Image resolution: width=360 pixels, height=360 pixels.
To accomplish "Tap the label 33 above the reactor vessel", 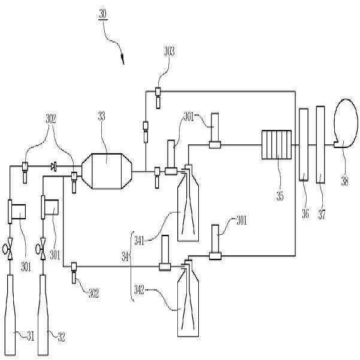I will click(101, 117).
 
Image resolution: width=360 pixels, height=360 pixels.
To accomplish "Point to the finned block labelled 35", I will click(276, 146).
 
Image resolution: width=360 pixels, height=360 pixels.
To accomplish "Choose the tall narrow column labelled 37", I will click(320, 144).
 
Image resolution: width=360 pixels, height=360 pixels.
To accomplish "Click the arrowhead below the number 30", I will click(123, 59).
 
